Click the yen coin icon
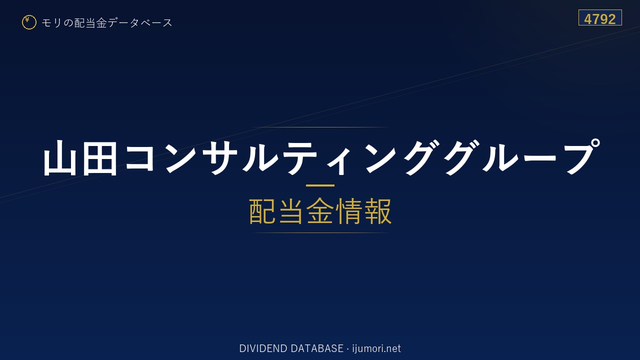[x=29, y=22]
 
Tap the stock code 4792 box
[x=600, y=17]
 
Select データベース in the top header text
[x=140, y=22]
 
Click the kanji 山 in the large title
[x=60, y=157]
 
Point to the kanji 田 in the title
[x=99, y=157]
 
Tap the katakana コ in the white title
[x=139, y=157]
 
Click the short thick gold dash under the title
[x=320, y=185]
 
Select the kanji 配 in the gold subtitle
[x=262, y=211]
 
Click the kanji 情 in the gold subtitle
[x=348, y=211]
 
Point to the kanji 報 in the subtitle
[x=377, y=211]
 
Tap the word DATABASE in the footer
[x=317, y=348]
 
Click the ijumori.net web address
[x=376, y=348]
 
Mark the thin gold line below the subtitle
[x=320, y=233]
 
